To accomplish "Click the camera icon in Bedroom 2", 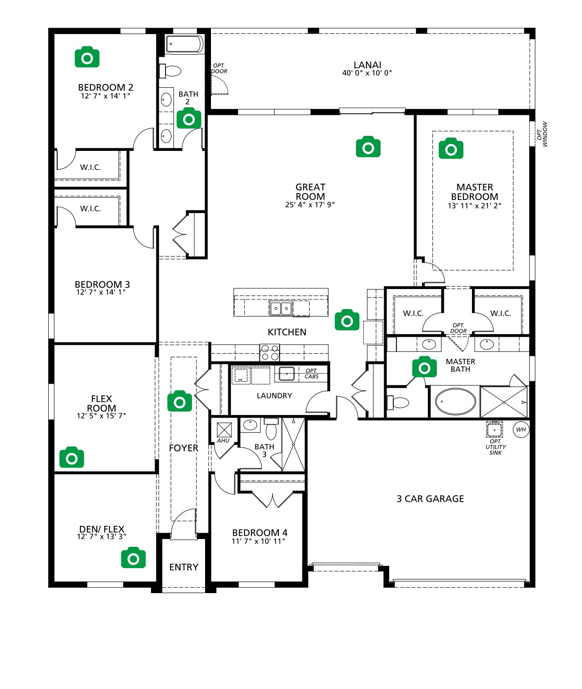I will point(87,57).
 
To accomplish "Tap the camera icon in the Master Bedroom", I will point(451,149).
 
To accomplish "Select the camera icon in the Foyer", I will point(180,401).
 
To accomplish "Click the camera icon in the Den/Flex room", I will point(133,558).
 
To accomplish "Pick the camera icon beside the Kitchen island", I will point(347,320).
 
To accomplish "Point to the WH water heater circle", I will point(521,429).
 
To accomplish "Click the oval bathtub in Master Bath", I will point(455,402).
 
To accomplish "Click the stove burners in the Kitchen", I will point(269,353).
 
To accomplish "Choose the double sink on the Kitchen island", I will point(281,309).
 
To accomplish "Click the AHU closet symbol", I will point(224,430).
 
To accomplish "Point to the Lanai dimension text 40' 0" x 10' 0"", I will point(367,73).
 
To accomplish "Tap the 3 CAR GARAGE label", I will point(430,499).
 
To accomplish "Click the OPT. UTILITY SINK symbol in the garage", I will point(494,429).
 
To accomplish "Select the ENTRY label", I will point(184,567).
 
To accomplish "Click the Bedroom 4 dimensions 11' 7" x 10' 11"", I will point(259,541).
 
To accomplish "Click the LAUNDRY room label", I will point(274,396).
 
